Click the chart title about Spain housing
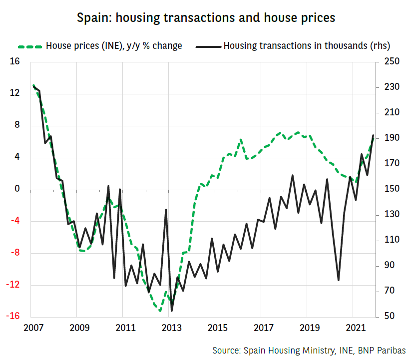(206, 18)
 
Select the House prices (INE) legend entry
(114, 46)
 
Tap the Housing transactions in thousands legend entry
(306, 46)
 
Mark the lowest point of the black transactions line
(172, 311)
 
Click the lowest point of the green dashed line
(160, 311)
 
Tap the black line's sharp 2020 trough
(338, 280)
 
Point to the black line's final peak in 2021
(373, 135)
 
